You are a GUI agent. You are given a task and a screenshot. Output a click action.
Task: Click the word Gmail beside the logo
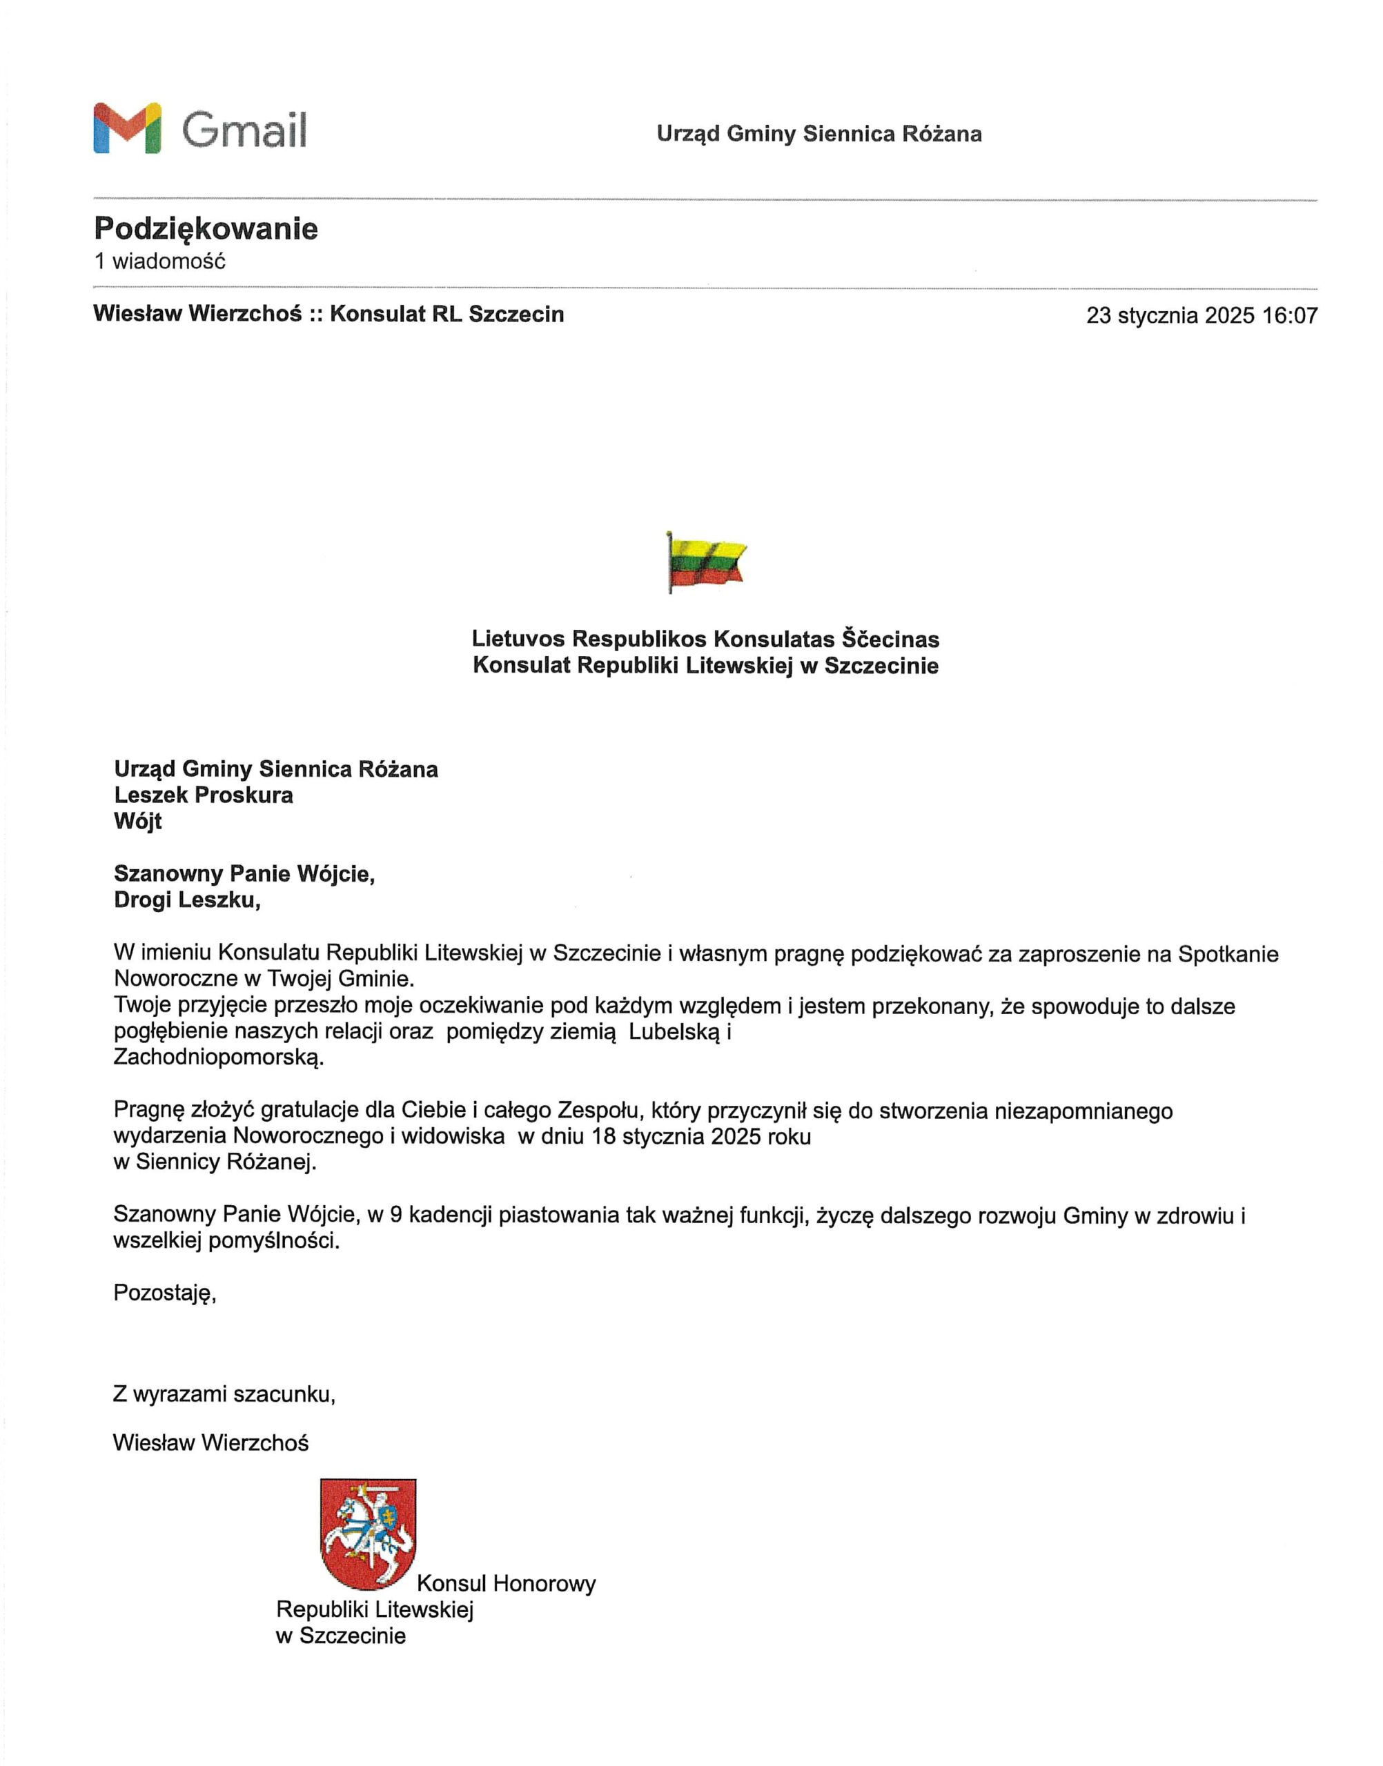point(244,130)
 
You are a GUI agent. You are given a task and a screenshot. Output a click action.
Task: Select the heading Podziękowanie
point(206,229)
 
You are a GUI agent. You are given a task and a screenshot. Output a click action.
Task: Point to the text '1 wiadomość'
point(159,261)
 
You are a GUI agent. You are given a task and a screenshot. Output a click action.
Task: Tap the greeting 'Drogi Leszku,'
point(187,900)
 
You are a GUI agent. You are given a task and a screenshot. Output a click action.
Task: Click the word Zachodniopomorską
point(218,1058)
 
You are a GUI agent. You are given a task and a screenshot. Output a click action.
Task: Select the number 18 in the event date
point(604,1136)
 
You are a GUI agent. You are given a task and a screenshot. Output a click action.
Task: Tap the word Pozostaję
point(164,1293)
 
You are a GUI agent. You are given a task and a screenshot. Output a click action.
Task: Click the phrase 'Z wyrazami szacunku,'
point(224,1394)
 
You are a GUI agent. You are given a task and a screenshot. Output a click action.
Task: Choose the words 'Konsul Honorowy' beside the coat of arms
point(506,1584)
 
